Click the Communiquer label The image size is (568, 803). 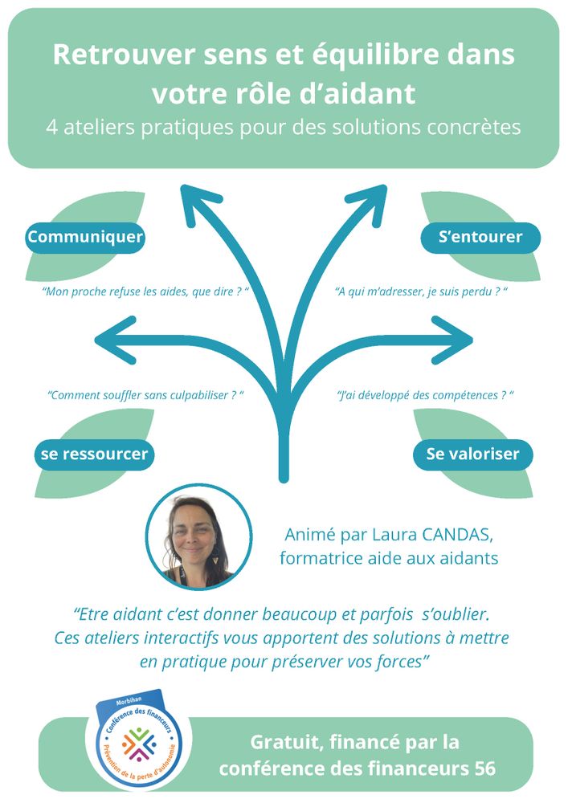[x=85, y=237]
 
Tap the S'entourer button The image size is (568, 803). [x=480, y=237]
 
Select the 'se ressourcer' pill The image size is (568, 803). [x=94, y=454]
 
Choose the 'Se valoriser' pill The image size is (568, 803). [x=472, y=454]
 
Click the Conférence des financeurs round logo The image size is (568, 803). [x=134, y=743]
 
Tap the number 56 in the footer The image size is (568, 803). [x=484, y=768]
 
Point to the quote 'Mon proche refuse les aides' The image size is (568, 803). [x=145, y=291]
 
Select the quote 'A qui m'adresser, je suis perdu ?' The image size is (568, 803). [x=422, y=291]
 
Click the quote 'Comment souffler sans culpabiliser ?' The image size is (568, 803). [x=145, y=395]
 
